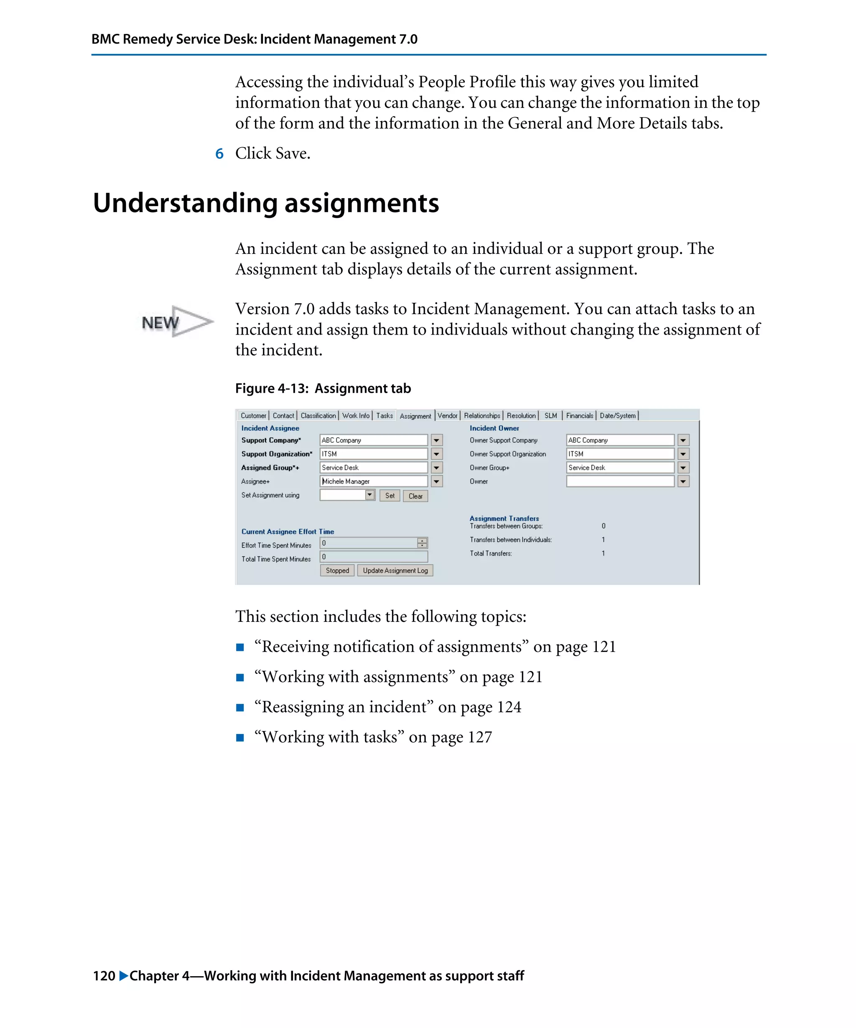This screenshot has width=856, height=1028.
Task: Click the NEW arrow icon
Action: (177, 322)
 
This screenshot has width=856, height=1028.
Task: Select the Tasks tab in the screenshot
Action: (384, 416)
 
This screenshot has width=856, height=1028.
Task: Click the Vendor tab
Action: (447, 416)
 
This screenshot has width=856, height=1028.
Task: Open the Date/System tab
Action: (617, 416)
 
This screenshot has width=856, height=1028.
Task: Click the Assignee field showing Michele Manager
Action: (373, 481)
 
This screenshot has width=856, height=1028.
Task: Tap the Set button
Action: (390, 496)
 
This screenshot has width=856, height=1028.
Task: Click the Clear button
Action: (415, 496)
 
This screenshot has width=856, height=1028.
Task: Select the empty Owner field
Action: (620, 481)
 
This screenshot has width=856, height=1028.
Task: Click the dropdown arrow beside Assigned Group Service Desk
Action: (437, 468)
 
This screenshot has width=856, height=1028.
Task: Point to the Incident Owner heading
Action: (494, 428)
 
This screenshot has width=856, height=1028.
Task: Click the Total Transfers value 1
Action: (603, 553)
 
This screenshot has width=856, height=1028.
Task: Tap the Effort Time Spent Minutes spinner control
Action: (422, 543)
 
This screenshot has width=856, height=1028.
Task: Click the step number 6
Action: (219, 154)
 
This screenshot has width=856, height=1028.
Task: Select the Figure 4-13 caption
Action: (323, 388)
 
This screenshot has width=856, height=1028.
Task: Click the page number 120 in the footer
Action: (104, 976)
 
